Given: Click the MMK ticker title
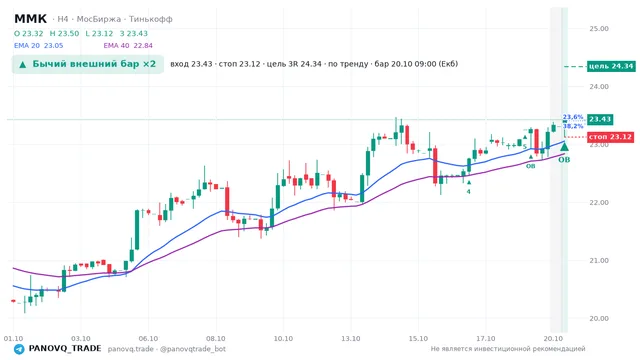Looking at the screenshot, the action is pos(31,19).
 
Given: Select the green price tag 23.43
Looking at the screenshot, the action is pos(600,119).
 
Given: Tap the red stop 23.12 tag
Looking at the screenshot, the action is pos(610,137).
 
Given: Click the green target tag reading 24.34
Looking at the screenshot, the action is pos(611,66).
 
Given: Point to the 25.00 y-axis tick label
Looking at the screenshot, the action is pos(599,29).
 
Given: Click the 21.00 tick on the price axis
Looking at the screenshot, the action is pos(599,260).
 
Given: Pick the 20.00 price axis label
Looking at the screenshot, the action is pos(599,318).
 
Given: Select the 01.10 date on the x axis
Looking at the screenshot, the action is pos(13,339).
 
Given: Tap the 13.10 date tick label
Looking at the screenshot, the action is pos(351,339).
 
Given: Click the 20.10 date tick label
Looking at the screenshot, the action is pos(553,339).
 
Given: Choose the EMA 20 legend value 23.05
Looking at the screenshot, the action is pos(53,46).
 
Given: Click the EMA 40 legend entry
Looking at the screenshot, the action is pos(128,46).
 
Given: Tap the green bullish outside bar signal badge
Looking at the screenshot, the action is pos(88,64).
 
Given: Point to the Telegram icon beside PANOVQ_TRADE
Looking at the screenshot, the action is pos(19,349).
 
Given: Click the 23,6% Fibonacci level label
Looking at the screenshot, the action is pos(573,117).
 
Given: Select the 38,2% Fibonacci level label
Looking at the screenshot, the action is pos(573,126).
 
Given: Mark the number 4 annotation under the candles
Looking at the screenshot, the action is pos(469,191).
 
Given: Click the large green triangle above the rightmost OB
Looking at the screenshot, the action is pos(564,146).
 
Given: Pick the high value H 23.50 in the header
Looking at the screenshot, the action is pos(64,33).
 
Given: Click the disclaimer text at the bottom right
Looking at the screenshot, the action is pos(508,349).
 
